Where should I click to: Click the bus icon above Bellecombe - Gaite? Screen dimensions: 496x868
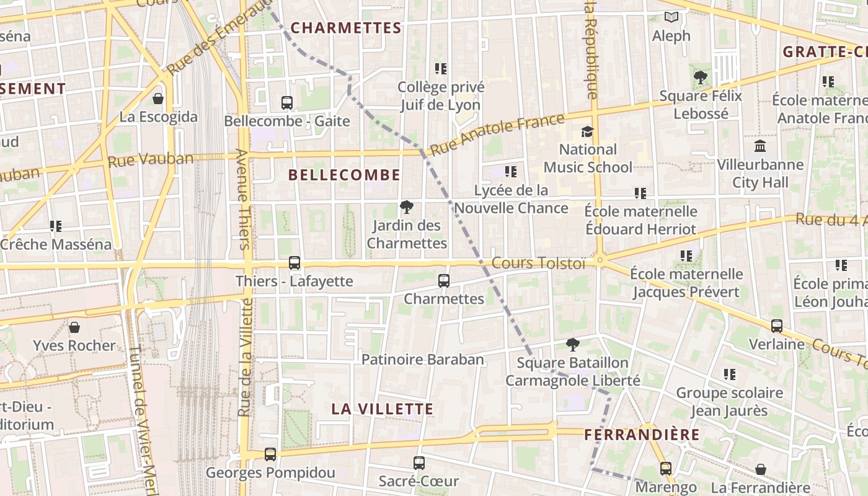point(286,103)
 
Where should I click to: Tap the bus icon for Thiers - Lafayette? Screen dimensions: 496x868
point(294,263)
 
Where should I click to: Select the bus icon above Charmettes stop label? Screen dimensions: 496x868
point(444,281)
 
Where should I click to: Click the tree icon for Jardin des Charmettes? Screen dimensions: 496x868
point(407,207)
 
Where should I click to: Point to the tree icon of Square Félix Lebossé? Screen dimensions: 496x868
point(701,77)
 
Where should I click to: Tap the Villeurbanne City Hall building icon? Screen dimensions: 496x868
point(760,146)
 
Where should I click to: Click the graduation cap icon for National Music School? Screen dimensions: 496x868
point(587,131)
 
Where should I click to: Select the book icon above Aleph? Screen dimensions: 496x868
point(671,17)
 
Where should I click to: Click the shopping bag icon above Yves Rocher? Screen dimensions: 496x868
point(74,327)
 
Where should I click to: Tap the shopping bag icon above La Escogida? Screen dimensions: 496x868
point(158,99)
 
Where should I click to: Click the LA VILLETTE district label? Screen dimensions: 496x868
point(382,409)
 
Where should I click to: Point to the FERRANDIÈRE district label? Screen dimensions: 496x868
point(642,435)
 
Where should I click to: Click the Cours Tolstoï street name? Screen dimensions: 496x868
point(538,263)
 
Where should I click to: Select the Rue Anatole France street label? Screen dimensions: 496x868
point(497,134)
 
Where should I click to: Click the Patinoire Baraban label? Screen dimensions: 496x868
point(422,360)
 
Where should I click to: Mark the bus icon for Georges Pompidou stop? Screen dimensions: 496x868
point(270,454)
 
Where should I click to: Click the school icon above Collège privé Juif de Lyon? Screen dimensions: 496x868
point(441,69)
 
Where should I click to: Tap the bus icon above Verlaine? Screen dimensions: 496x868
point(776,326)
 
